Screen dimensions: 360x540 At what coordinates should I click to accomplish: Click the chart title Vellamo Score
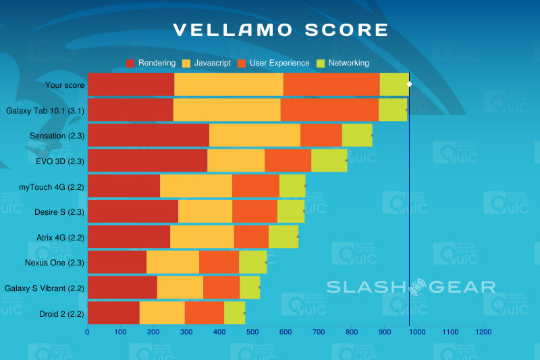[x=281, y=30]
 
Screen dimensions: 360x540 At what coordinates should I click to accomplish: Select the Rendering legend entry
[x=151, y=63]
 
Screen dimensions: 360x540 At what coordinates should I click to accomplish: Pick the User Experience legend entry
[x=272, y=63]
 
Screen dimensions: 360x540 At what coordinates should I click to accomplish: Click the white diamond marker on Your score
[x=409, y=84]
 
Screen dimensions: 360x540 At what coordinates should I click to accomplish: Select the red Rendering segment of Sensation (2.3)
[x=148, y=135]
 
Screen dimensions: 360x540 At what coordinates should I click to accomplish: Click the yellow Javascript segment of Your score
[x=228, y=84]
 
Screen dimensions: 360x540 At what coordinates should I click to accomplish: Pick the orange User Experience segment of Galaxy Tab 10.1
[x=329, y=109]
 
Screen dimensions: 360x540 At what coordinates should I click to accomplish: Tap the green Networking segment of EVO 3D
[x=329, y=161]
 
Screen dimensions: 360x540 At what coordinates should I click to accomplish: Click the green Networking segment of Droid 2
[x=234, y=313]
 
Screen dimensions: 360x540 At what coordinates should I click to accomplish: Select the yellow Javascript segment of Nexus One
[x=173, y=262]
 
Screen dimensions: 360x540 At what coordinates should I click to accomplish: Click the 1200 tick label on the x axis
[x=483, y=332]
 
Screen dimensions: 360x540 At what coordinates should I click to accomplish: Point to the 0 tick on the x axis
[x=87, y=332]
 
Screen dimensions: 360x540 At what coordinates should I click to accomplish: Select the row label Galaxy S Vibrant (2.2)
[x=45, y=288]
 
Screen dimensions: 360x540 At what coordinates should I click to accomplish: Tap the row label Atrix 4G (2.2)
[x=60, y=237]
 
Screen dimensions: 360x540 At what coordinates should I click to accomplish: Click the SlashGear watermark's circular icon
[x=417, y=286]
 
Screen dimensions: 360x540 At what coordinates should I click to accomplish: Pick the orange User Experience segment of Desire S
[x=254, y=211]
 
